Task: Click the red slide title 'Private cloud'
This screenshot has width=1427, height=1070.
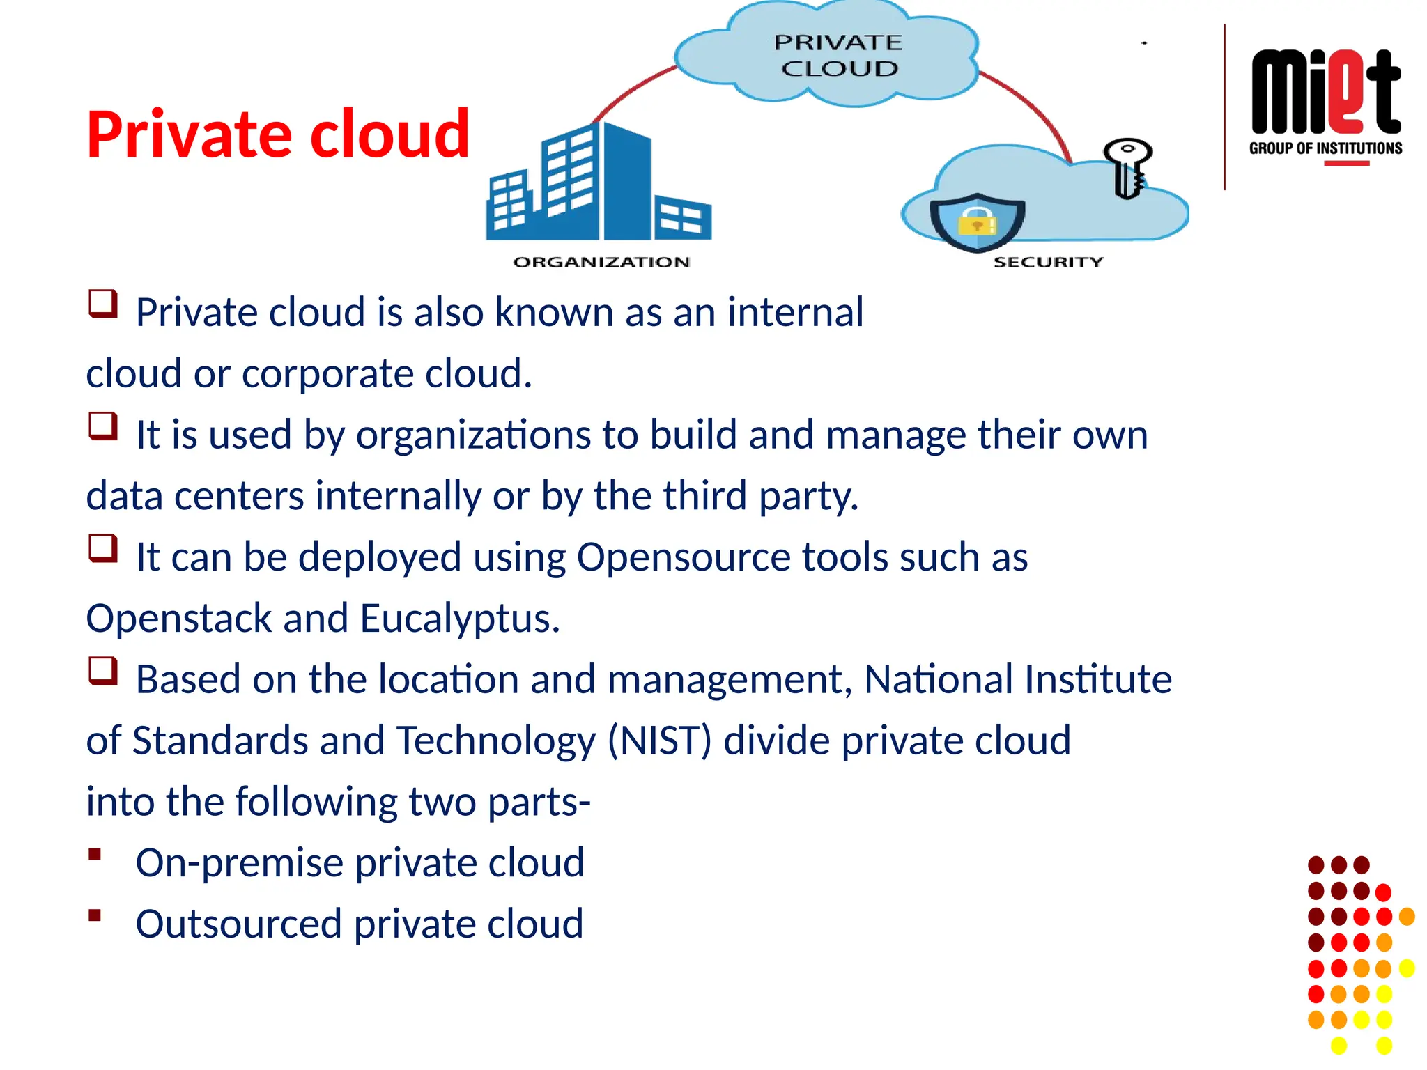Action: tap(277, 134)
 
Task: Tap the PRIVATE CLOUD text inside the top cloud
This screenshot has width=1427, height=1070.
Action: tap(838, 56)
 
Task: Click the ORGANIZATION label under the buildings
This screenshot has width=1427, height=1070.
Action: tap(601, 262)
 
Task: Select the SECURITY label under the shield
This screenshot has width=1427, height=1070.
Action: tap(1048, 262)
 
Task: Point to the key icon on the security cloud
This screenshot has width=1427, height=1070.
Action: tap(1127, 167)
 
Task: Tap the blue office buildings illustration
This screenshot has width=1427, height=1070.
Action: tap(598, 184)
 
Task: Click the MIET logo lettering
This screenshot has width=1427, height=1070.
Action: tap(1325, 93)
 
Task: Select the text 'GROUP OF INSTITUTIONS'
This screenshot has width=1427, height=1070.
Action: tap(1325, 148)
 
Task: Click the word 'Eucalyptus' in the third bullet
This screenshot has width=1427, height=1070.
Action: tap(459, 619)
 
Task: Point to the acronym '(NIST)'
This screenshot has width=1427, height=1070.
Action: tap(659, 741)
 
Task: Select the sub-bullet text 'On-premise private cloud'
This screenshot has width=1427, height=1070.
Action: tap(360, 863)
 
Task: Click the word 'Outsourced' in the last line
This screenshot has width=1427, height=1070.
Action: tap(239, 924)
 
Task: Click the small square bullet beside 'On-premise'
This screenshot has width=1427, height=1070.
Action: tap(95, 855)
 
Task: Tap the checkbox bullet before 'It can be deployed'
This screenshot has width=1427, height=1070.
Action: tap(102, 548)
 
